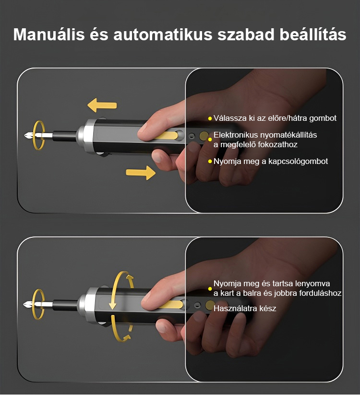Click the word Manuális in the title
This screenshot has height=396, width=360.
49,34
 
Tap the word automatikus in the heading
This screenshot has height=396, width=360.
163,35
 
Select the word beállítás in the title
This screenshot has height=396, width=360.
313,34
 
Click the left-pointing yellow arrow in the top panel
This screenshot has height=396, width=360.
102,105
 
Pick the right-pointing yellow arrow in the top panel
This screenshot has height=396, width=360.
141,173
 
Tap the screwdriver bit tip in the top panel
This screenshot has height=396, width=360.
25,136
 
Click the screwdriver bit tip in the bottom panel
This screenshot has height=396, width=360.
24,304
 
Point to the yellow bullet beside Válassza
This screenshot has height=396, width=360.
210,118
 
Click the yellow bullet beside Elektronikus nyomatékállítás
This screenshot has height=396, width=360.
210,140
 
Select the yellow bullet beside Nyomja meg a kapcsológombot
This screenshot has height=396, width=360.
210,162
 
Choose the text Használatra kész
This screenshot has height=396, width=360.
245,308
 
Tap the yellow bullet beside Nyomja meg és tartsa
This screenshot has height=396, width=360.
210,289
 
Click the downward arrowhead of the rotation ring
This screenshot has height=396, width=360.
112,305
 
